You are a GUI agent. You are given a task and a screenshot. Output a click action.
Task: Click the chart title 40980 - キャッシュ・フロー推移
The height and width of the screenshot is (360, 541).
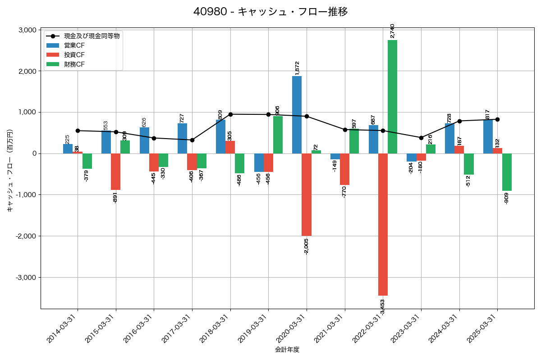pyautogui.click(x=270, y=12)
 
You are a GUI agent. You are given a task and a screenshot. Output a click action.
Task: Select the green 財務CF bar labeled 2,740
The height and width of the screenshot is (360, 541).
pyautogui.click(x=392, y=97)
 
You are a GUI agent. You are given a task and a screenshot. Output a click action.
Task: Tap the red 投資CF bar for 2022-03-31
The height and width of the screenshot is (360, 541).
pyautogui.click(x=383, y=224)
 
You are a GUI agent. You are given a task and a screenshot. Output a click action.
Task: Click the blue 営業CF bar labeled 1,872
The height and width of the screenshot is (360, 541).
pyautogui.click(x=297, y=115)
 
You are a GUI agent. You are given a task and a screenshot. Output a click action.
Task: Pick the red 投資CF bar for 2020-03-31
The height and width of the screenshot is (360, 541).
pyautogui.click(x=307, y=194)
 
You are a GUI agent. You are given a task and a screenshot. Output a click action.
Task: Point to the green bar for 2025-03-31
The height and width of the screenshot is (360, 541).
pyautogui.click(x=507, y=172)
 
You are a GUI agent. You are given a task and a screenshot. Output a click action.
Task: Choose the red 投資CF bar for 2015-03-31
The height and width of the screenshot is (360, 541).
pyautogui.click(x=116, y=171)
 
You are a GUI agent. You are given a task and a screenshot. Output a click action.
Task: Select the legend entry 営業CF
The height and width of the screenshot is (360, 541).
pyautogui.click(x=74, y=45)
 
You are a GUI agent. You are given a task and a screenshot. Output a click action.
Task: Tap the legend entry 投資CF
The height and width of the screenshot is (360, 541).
pyautogui.click(x=74, y=55)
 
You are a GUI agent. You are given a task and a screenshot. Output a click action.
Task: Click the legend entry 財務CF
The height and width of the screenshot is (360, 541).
pyautogui.click(x=74, y=64)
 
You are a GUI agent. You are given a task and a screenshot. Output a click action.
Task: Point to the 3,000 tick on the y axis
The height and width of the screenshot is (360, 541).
pyautogui.click(x=27, y=30)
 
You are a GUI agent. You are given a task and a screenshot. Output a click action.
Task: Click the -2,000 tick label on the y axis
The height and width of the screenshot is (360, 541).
pyautogui.click(x=26, y=236)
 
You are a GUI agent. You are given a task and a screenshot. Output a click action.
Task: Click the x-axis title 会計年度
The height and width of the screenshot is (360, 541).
pyautogui.click(x=287, y=350)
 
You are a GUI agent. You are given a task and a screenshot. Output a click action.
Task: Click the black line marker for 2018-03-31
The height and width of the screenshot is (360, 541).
pyautogui.click(x=230, y=114)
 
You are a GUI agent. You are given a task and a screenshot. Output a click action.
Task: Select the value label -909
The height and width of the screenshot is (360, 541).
pyautogui.click(x=507, y=198)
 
